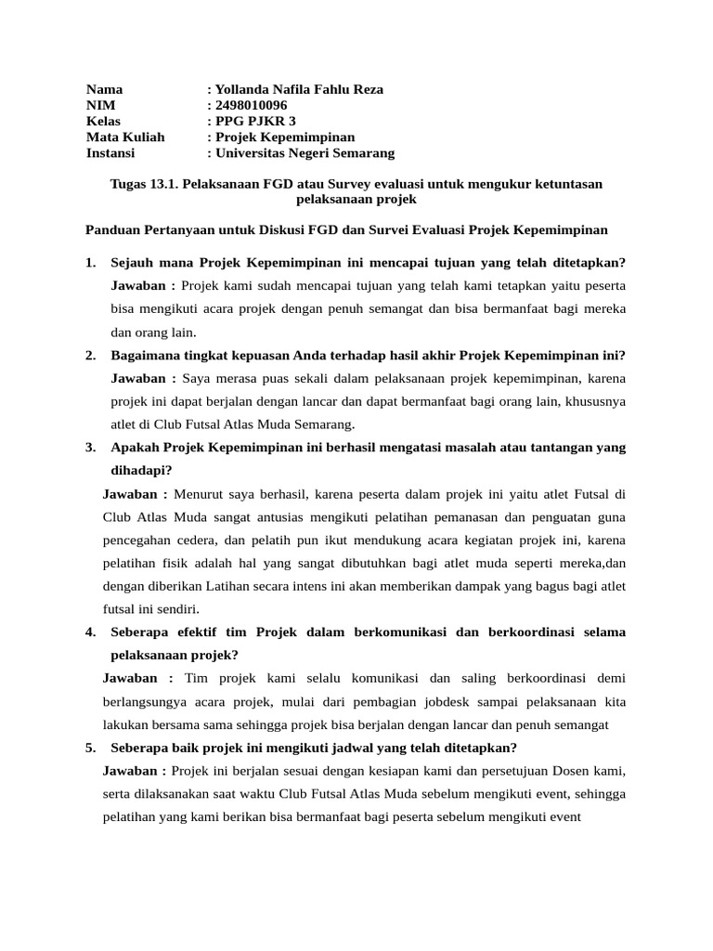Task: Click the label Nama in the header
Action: coord(104,89)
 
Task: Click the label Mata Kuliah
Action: coord(125,137)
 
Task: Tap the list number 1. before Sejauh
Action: coord(91,262)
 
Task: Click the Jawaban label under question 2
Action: coord(144,378)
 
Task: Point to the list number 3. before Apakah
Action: coord(91,448)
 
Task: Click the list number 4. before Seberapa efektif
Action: coord(91,632)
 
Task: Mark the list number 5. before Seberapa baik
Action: coord(91,748)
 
